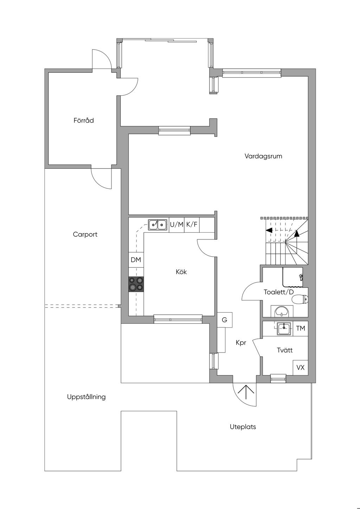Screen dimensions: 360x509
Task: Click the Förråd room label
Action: [84, 120]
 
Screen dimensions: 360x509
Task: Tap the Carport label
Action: [85, 234]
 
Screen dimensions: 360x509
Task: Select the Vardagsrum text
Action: [263, 156]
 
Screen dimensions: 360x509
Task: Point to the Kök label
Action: [181, 272]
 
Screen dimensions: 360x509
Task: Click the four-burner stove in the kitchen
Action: [136, 284]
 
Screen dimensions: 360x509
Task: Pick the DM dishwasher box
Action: [136, 260]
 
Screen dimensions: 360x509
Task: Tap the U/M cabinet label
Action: [176, 225]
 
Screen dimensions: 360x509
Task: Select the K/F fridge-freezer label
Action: [192, 225]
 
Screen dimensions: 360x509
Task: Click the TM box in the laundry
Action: [301, 328]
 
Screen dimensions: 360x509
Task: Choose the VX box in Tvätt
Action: [301, 367]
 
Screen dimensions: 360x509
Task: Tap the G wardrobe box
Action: [225, 320]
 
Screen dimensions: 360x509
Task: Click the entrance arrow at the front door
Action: [246, 392]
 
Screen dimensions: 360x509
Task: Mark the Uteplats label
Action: [243, 427]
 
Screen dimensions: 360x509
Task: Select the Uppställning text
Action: [86, 397]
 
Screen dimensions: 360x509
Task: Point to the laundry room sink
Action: [284, 329]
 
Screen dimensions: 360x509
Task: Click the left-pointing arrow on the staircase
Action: [269, 230]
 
